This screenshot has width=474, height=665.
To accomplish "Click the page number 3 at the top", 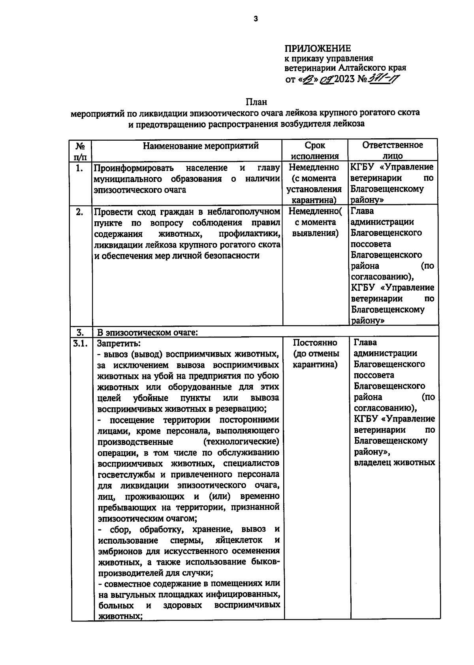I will pyautogui.click(x=256, y=19).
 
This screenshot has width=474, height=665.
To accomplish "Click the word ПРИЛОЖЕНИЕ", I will pyautogui.click(x=318, y=49).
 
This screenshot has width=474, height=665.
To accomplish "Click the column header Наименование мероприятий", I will pyautogui.click(x=201, y=146).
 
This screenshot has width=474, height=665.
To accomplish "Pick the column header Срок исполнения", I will pyautogui.click(x=315, y=151).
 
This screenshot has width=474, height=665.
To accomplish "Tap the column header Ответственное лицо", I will pyautogui.click(x=392, y=150).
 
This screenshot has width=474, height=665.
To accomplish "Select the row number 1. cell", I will pyautogui.click(x=79, y=168).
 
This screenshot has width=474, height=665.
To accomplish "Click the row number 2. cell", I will pyautogui.click(x=79, y=212).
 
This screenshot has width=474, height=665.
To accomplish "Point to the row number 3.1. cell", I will pyautogui.click(x=80, y=343).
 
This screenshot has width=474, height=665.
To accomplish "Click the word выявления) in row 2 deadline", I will pyautogui.click(x=315, y=233).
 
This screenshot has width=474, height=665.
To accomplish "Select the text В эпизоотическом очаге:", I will pyautogui.click(x=147, y=332).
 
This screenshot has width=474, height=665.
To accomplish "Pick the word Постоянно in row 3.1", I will pyautogui.click(x=315, y=343).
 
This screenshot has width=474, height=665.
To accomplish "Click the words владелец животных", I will pyautogui.click(x=394, y=463).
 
